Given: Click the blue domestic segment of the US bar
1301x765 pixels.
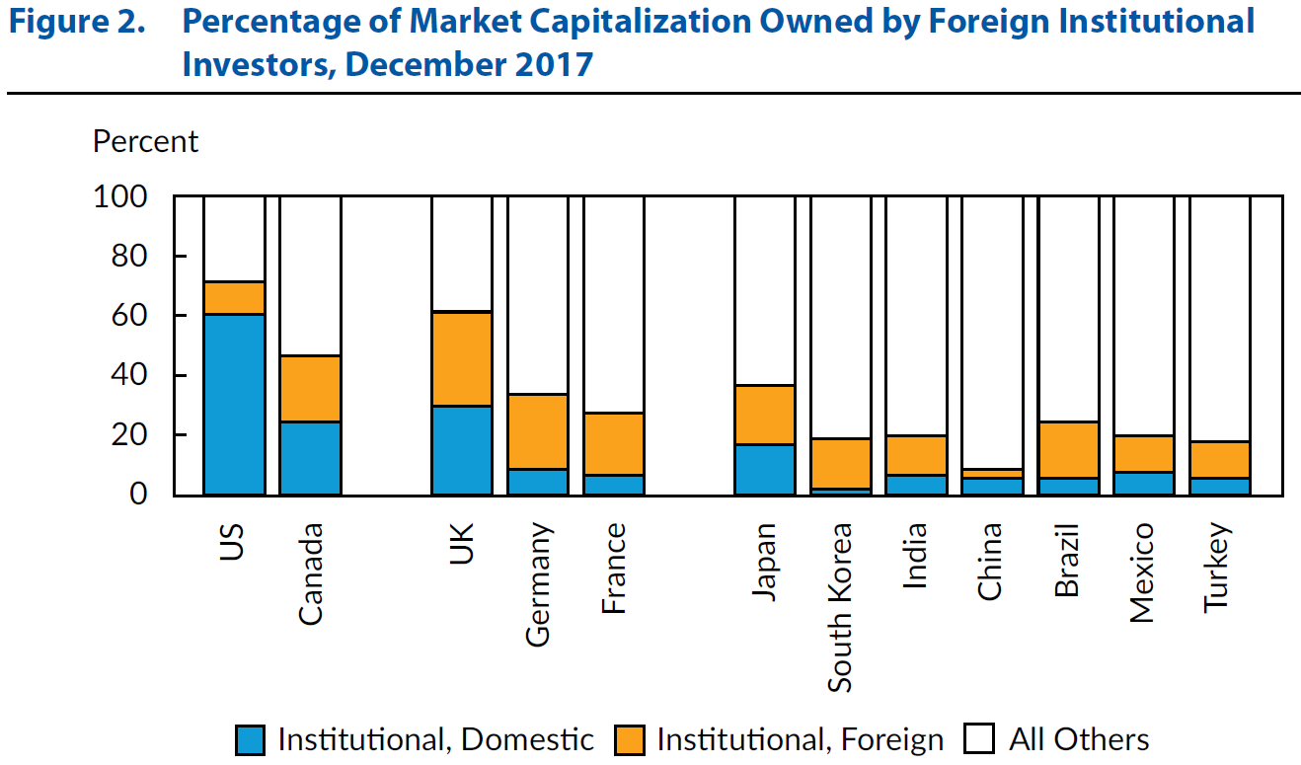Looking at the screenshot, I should (234, 404).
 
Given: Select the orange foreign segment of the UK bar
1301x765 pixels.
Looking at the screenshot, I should (462, 358).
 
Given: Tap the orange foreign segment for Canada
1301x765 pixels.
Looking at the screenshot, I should (310, 389).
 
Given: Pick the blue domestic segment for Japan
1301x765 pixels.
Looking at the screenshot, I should (764, 470).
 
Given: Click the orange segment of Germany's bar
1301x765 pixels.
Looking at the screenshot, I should (537, 431).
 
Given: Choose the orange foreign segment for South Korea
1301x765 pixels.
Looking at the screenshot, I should (840, 463).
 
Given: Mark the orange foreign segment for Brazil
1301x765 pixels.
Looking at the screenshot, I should (1067, 450).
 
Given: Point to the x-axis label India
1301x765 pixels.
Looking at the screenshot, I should (915, 556).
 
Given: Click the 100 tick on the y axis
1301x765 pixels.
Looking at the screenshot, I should (119, 197).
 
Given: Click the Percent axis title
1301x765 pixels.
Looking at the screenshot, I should (145, 142).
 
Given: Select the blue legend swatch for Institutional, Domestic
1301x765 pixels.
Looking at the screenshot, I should (251, 740).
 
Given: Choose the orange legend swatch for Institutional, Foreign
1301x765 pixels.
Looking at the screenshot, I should (629, 740).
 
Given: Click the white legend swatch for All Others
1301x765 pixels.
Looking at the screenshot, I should (980, 740).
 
